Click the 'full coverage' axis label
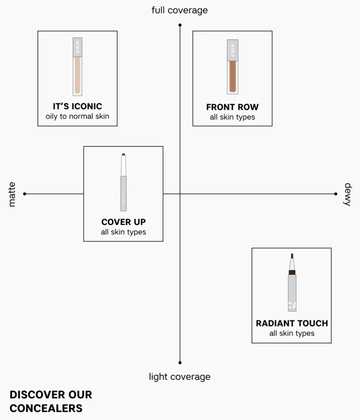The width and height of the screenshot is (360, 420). coord(180,10)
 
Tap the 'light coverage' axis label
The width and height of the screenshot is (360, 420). coord(180,377)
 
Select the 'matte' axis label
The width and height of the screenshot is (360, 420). coord(12,194)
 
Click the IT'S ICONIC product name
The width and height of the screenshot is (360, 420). coord(77,106)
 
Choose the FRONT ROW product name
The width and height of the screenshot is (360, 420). coord(232,107)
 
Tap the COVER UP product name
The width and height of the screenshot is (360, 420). coord(123,222)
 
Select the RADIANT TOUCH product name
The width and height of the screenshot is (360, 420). coord(292,323)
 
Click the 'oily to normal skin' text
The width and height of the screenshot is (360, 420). coord(77,116)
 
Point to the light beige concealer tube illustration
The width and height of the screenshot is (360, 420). coord(77,67)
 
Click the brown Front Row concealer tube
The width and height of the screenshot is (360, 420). coord(232,67)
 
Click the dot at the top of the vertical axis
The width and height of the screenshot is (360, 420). coord(180,25)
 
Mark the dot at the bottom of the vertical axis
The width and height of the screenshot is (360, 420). coord(180,362)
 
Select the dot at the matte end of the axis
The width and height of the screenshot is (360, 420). coord(25,194)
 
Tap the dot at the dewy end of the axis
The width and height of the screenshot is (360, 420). coord(336,194)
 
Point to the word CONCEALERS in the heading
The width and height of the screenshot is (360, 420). coord(46,408)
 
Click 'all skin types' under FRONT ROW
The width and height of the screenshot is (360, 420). coord(232,117)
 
